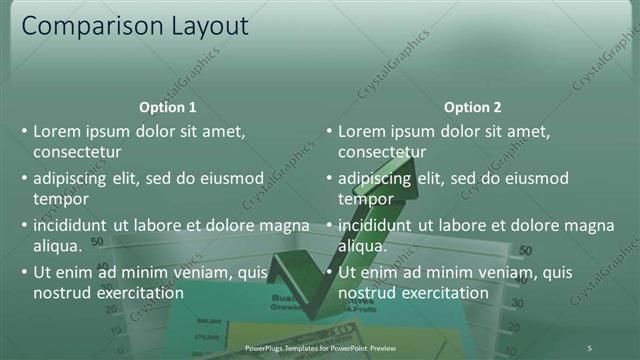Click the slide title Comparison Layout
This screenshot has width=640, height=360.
point(135,26)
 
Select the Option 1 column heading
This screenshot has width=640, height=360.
point(168,107)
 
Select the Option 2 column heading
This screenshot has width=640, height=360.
point(473,107)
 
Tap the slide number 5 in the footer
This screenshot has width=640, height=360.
point(589,347)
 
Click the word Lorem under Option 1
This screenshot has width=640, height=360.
point(58,131)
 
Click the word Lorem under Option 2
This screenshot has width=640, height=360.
point(363,131)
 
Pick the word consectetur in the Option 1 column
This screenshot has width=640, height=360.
point(77,152)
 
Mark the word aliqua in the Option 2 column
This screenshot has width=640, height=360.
point(362,246)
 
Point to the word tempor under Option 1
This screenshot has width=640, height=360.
point(61,199)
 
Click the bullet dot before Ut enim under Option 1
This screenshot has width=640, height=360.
point(24,273)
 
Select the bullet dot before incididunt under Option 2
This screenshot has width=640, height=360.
point(329,226)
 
